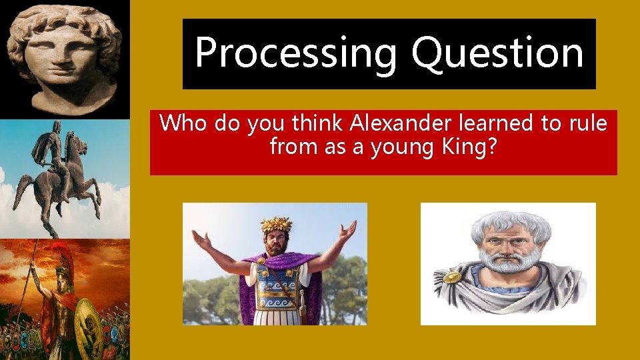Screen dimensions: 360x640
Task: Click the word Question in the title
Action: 497,53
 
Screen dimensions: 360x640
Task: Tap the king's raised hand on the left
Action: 199,237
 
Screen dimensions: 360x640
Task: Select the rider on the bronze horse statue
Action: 57,150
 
